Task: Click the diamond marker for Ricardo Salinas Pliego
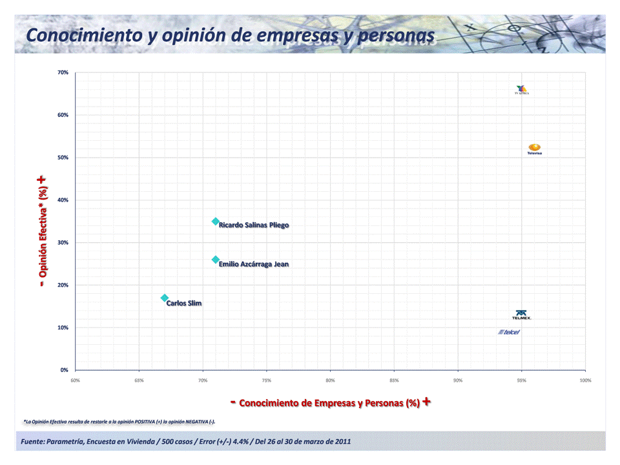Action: click(216, 222)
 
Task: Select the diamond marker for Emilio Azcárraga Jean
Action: click(216, 260)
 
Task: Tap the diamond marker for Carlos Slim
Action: click(165, 298)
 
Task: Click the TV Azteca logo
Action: click(522, 90)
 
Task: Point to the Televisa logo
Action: click(534, 149)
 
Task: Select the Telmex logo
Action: click(521, 315)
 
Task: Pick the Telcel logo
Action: click(509, 332)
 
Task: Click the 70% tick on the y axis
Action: click(63, 72)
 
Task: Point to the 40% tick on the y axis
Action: click(63, 200)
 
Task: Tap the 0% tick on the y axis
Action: click(65, 370)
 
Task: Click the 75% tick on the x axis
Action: click(267, 380)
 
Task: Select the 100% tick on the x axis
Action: click(585, 380)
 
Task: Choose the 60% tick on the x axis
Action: click(76, 380)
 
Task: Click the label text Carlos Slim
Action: click(184, 303)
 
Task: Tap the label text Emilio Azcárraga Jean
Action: click(254, 264)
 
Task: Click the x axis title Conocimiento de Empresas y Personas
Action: click(330, 403)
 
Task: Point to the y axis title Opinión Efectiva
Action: click(43, 231)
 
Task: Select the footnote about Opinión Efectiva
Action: click(119, 422)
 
